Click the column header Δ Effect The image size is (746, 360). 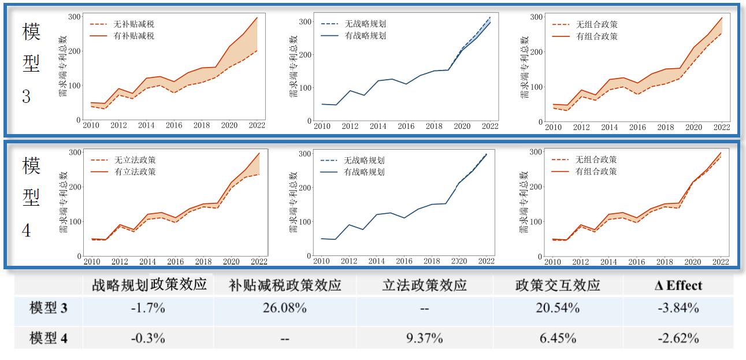678,285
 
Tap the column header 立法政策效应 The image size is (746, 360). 424,285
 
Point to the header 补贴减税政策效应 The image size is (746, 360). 285,285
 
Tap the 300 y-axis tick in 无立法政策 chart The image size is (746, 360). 75,152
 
